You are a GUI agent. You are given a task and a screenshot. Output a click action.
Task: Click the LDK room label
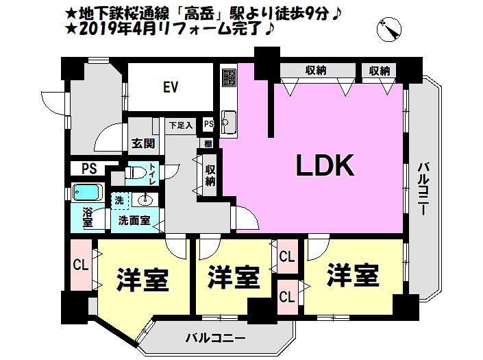pos(325,165)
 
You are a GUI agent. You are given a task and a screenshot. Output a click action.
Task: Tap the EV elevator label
pos(171,87)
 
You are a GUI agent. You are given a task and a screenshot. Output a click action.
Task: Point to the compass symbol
pos(389,29)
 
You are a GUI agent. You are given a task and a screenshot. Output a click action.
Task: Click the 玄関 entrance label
pos(143,143)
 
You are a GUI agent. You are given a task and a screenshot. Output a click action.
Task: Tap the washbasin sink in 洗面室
pos(145,200)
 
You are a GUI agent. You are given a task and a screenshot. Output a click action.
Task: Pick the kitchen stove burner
pos(229,77)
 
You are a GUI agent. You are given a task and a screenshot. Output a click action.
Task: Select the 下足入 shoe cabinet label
pos(181,125)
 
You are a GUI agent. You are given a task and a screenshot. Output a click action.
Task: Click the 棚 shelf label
pos(208,143)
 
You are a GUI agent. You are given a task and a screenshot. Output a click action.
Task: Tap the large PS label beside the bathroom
pos(89,169)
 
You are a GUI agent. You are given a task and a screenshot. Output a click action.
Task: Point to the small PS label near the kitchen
pos(208,124)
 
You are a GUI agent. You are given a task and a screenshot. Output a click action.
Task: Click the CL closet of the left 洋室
pos(81,265)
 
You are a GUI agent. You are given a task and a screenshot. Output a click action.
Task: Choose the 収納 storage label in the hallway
pos(210,176)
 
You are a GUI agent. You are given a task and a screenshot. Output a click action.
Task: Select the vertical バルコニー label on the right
pos(423,189)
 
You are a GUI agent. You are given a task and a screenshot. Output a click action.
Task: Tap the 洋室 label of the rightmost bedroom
pos(353,275)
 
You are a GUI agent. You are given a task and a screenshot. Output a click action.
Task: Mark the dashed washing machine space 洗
pos(119,201)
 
